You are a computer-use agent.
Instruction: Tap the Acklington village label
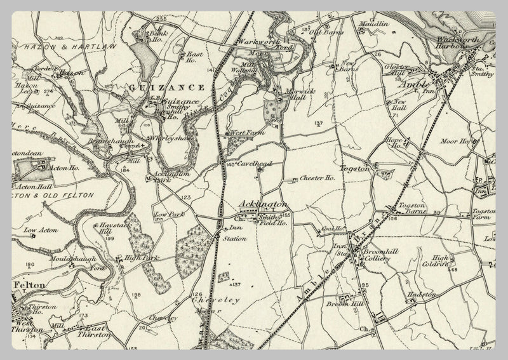262,204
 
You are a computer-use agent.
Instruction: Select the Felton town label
30,286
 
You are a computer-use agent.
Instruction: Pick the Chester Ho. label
317,179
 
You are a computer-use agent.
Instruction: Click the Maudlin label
374,23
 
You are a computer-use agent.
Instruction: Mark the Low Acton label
41,230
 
